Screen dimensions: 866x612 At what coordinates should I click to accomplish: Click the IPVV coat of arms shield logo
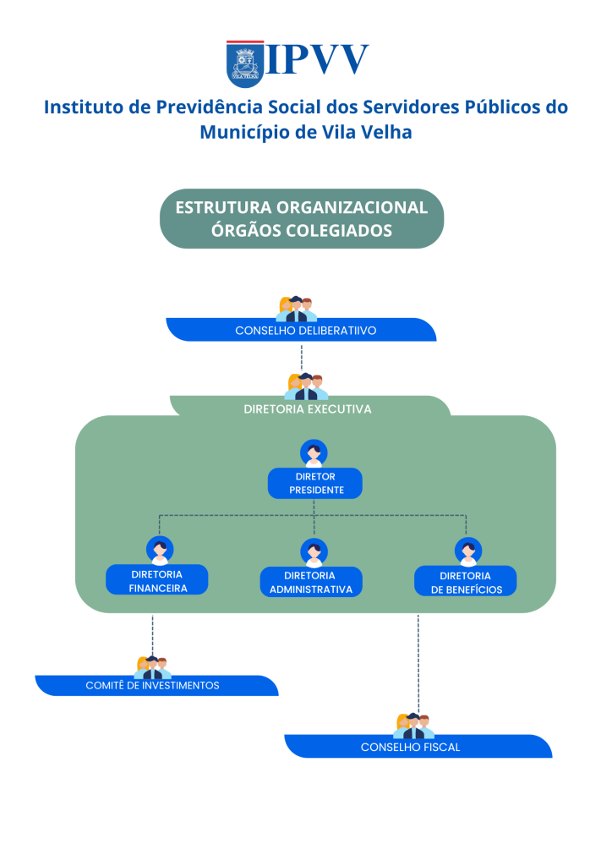pos(245,63)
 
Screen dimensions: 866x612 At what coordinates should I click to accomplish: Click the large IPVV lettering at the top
pos(318,60)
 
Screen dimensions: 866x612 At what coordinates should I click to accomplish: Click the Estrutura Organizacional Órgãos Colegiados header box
pos(302,218)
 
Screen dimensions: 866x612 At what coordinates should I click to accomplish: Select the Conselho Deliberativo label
pos(305,331)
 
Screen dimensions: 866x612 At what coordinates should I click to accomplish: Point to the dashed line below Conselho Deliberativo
pos(302,357)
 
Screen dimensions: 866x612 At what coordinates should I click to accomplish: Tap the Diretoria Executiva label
pos(308,409)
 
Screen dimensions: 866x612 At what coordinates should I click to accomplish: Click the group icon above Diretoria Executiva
pos(304,386)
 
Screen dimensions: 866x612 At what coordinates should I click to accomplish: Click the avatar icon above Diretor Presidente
pos(314,452)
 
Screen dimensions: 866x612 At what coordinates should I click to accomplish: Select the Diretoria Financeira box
pos(157,581)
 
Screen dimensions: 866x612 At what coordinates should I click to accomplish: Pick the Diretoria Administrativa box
pos(311,583)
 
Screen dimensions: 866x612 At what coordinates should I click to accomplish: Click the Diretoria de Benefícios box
pos(466,583)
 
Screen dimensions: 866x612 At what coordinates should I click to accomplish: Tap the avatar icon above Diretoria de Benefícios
pos(467,551)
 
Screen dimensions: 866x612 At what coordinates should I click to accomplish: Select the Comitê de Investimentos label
pos(153,685)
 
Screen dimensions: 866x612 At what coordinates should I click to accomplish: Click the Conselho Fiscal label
pos(410,747)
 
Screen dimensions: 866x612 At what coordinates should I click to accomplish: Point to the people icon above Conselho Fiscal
pos(414,726)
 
